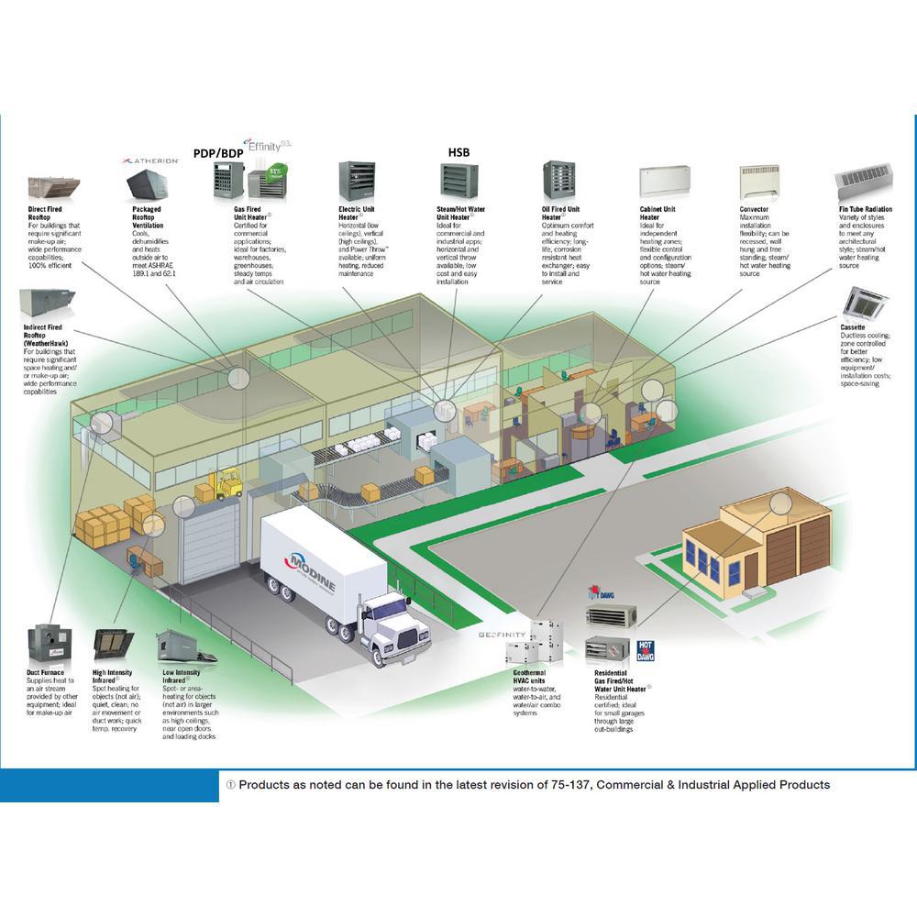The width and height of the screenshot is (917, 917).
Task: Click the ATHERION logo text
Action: tap(151, 160)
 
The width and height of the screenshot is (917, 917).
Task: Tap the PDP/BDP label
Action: tap(217, 153)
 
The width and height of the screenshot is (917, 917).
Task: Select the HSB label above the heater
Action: tap(458, 151)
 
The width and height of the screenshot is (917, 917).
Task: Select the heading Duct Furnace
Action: tap(46, 672)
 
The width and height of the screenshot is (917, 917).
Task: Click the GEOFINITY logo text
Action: tap(503, 635)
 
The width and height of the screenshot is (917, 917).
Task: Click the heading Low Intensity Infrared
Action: tap(183, 677)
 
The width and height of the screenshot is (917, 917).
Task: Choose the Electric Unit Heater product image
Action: tap(357, 182)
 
